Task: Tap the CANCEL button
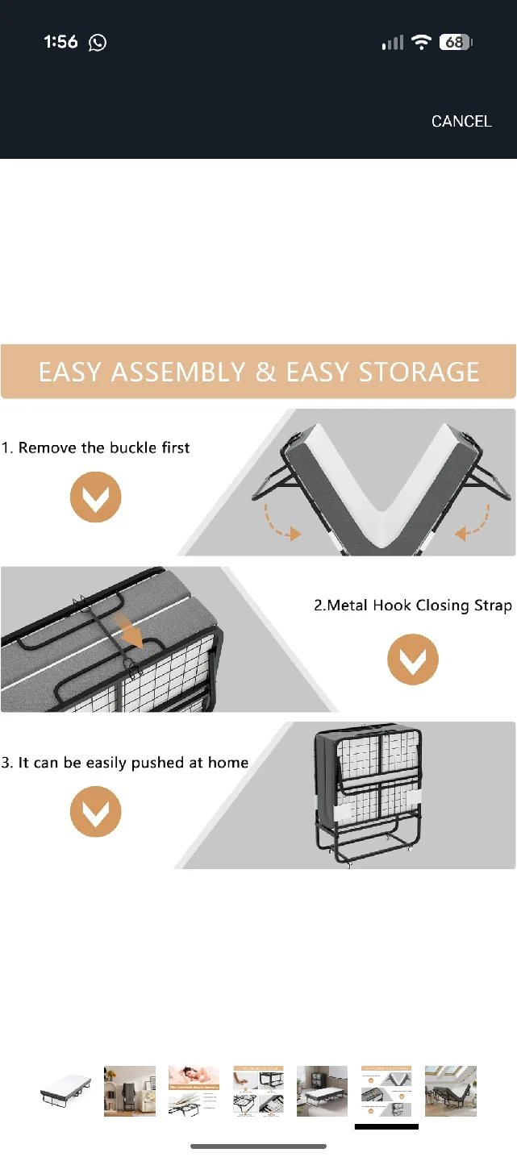coord(461,121)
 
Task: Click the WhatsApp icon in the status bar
coord(98,43)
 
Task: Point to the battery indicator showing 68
coord(456,43)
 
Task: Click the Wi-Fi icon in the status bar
coord(421,43)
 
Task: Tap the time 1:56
coord(60,43)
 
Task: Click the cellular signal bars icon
coord(393,43)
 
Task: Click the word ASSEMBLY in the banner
coord(181,372)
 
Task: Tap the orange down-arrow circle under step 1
coord(96,497)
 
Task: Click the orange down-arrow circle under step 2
coord(413,660)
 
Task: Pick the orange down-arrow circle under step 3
coord(96,812)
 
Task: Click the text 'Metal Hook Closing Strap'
coord(419,605)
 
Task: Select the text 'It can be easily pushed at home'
coord(132,762)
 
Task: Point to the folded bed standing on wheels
coord(368,795)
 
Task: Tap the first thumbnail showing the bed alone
coord(65,1091)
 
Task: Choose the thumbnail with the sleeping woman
coord(194,1091)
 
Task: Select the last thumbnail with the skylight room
coord(451,1091)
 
